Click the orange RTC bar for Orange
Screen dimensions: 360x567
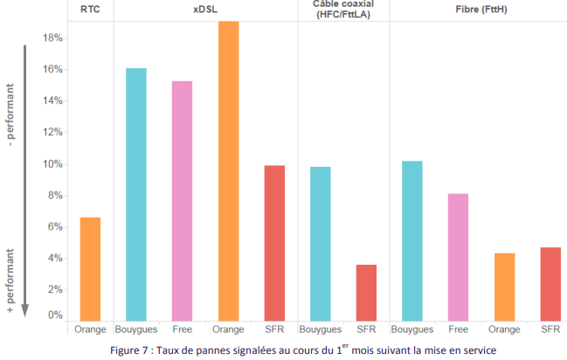[x=90, y=268]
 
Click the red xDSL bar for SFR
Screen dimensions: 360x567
[x=273, y=242]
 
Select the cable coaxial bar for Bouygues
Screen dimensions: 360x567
[x=320, y=243]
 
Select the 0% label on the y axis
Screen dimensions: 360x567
[x=54, y=315]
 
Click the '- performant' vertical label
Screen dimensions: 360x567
[x=11, y=115]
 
